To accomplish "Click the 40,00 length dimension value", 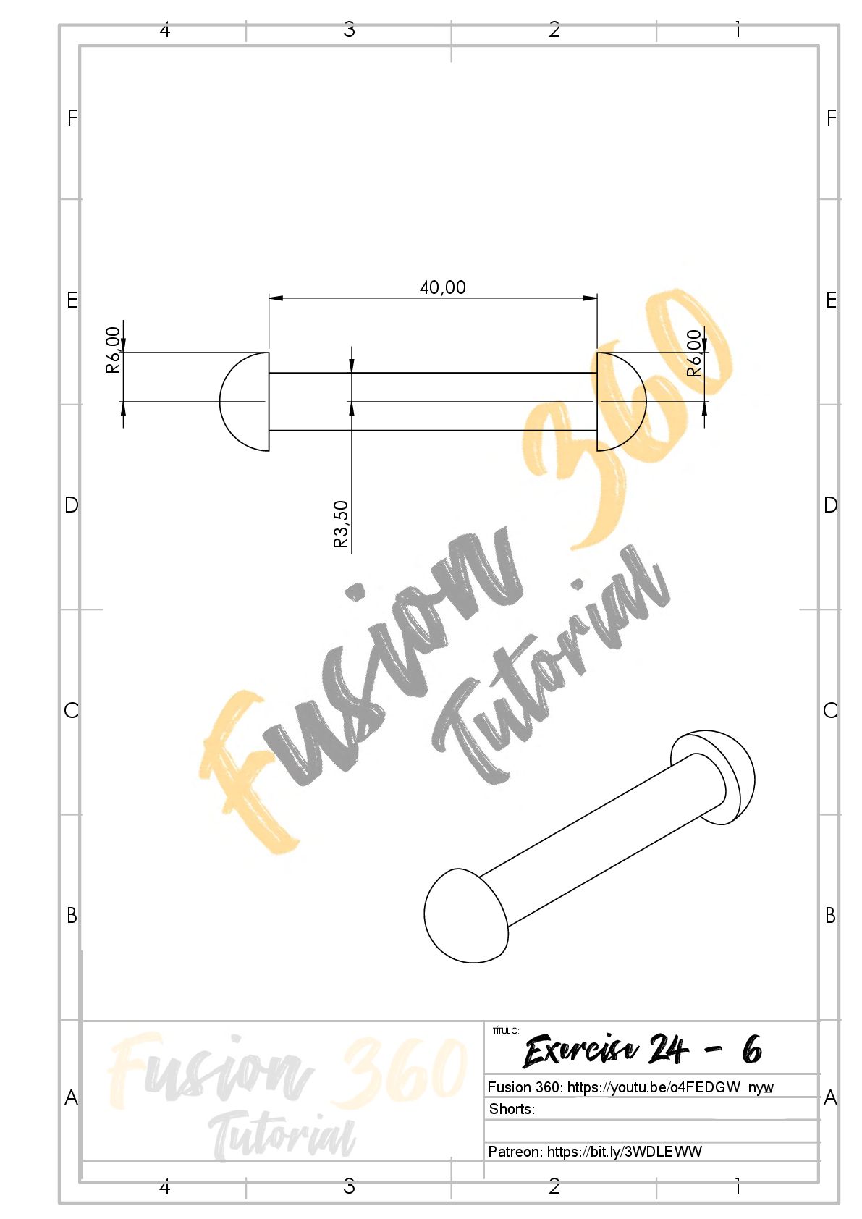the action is tap(442, 287).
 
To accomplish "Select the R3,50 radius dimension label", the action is tap(341, 523).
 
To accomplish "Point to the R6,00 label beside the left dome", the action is tap(113, 350).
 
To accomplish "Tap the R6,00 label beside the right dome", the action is tap(694, 353).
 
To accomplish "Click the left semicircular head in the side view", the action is tap(221, 402).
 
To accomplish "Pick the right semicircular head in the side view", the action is tap(646, 402).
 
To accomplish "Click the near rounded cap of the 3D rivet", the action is tap(465, 916).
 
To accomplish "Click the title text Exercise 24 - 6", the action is tap(642, 1050).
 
